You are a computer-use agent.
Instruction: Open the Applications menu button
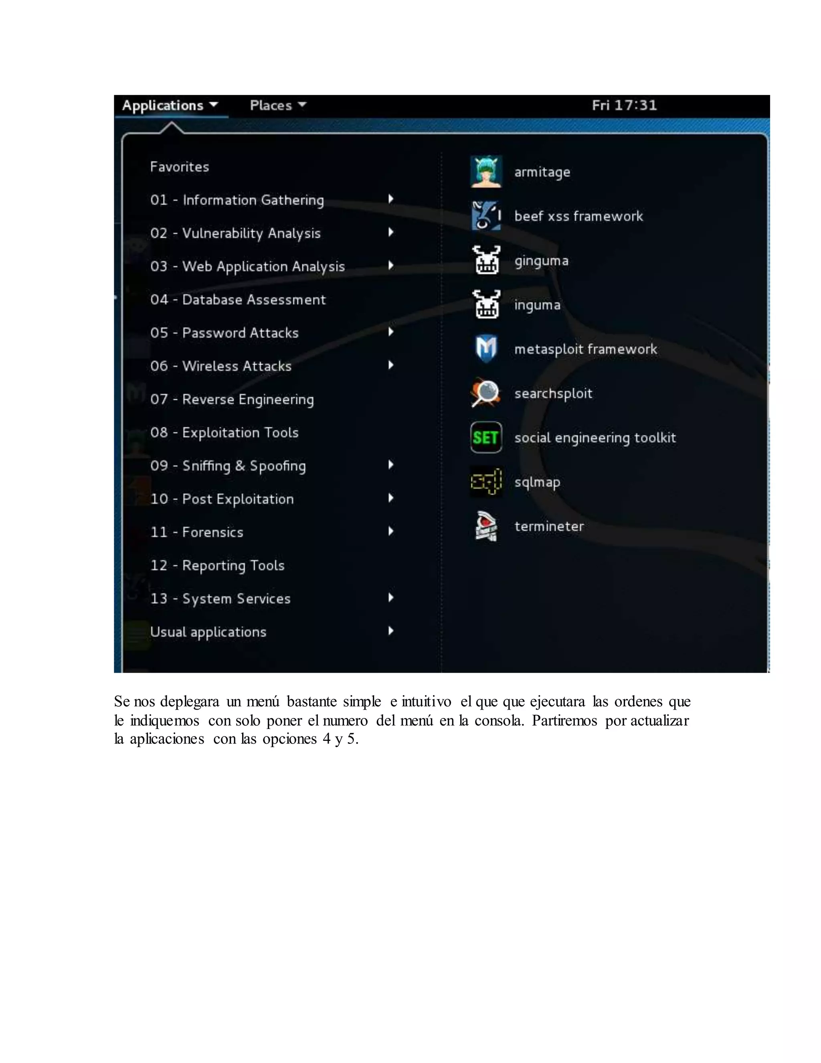point(170,105)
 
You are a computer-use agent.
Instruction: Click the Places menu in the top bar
point(278,105)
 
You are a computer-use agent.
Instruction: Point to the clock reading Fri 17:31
point(624,105)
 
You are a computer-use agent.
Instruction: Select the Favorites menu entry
point(180,167)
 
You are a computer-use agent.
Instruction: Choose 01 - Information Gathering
point(237,200)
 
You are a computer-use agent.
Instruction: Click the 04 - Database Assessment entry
point(238,300)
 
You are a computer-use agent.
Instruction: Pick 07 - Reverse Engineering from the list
point(232,400)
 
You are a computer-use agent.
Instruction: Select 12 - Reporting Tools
point(217,566)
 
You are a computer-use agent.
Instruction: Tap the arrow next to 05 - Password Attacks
point(390,333)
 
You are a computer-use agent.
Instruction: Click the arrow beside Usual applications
point(390,631)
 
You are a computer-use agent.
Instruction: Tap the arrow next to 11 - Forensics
point(390,531)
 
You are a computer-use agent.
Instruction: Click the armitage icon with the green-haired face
point(486,172)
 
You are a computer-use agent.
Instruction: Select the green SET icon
point(486,438)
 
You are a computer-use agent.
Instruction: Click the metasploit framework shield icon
point(486,349)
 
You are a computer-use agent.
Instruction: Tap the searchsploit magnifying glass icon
point(486,393)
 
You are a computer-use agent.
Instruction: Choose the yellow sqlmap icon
point(486,482)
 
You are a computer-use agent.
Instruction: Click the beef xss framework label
point(578,217)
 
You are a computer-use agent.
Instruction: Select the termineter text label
point(549,527)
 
